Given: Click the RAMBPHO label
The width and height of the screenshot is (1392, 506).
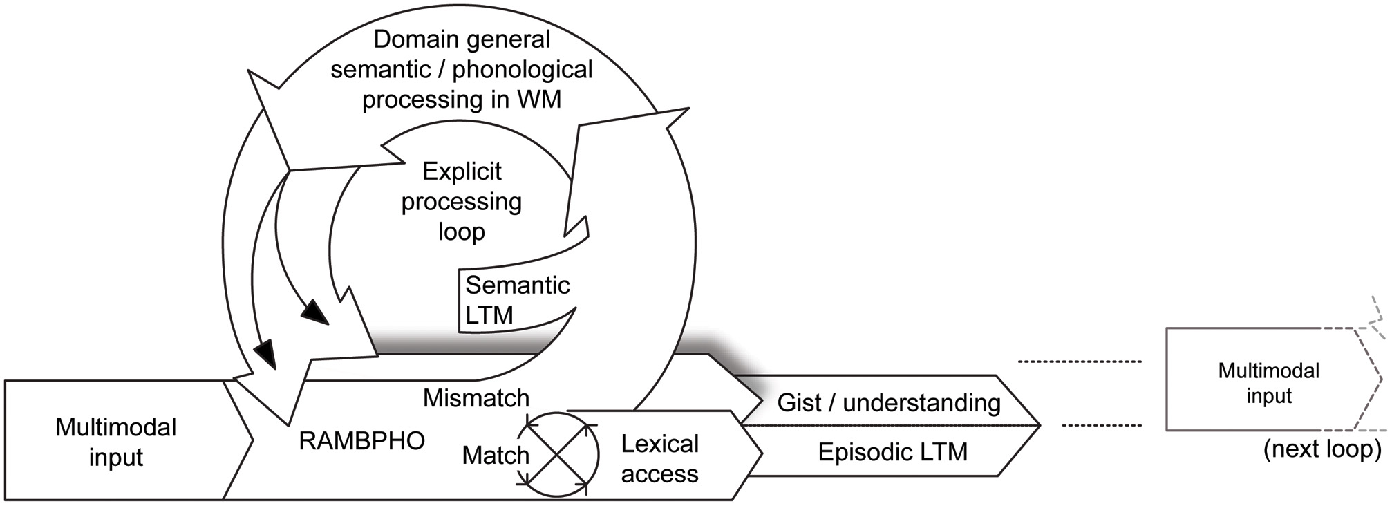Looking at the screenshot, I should [361, 441].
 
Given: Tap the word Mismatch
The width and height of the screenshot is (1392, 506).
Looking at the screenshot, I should [476, 398].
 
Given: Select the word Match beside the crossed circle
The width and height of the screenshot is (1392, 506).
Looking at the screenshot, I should [495, 455].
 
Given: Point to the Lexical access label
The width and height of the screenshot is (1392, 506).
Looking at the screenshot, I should [659, 458].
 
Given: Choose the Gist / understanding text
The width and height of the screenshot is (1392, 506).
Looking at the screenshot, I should [889, 402].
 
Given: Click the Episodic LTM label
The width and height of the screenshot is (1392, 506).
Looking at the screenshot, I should [892, 452].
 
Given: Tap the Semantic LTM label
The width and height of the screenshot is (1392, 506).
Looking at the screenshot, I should [517, 300].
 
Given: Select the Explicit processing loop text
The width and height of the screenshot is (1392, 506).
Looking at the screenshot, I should [462, 201].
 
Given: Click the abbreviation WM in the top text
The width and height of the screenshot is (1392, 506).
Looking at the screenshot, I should [538, 99].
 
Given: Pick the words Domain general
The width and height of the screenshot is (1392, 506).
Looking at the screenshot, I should [462, 39].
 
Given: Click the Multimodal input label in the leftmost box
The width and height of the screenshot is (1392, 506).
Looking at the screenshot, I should [116, 442].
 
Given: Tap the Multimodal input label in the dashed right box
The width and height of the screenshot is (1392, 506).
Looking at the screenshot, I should [1268, 383].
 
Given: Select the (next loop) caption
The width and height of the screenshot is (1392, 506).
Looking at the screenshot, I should [1322, 449].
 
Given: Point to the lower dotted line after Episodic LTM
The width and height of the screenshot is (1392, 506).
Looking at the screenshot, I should [1101, 425].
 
